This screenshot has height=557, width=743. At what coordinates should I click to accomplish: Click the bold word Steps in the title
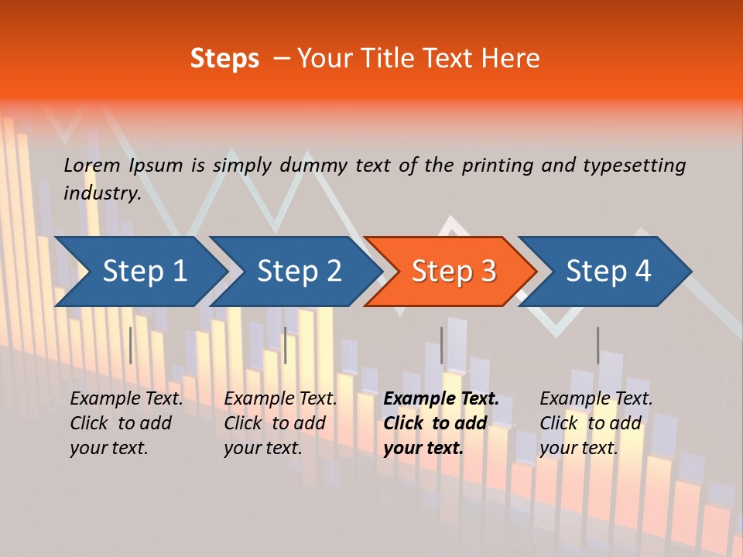pyautogui.click(x=224, y=59)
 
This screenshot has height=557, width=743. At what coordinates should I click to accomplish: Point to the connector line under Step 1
pyautogui.click(x=131, y=345)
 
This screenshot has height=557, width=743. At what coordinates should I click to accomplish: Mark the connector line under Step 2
pyautogui.click(x=286, y=345)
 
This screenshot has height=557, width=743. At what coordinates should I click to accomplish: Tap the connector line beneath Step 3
pyautogui.click(x=442, y=345)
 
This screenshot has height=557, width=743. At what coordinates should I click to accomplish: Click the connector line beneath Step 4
pyautogui.click(x=597, y=345)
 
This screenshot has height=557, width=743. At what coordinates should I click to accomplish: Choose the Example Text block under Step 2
pyautogui.click(x=281, y=423)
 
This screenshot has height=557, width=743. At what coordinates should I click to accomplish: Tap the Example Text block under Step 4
pyautogui.click(x=596, y=423)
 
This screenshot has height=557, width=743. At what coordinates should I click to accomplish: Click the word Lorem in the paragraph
pyautogui.click(x=92, y=166)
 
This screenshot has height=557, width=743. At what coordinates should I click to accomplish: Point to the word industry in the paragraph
pyautogui.click(x=102, y=193)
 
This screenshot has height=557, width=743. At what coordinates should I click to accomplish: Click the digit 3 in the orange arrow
pyautogui.click(x=488, y=272)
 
